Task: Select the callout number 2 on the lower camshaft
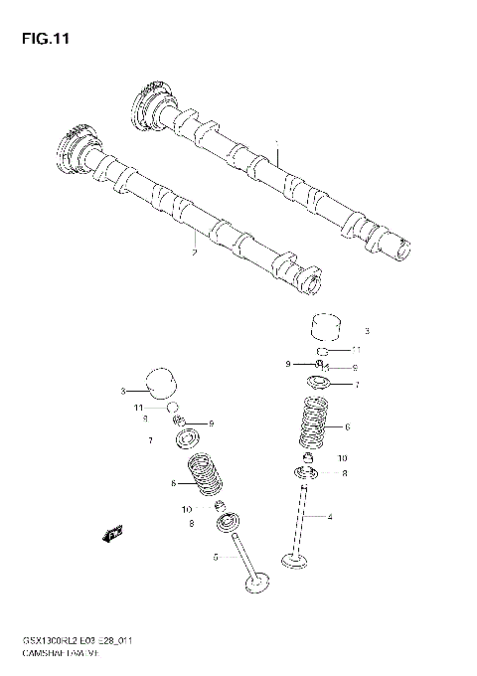click(195, 253)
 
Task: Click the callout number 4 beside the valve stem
click(329, 517)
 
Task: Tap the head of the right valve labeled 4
click(298, 563)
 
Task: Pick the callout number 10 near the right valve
click(342, 457)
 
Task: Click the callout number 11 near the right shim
click(355, 351)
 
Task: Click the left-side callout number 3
click(123, 391)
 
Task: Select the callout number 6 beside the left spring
click(173, 483)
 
